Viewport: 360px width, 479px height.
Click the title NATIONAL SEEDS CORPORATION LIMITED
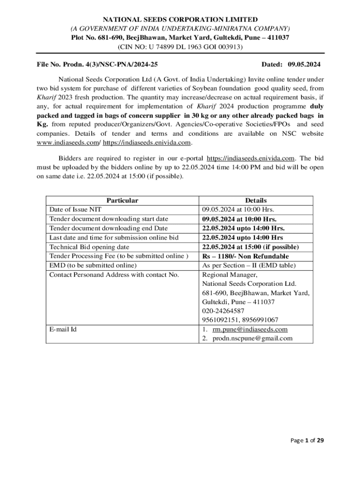[x=180, y=20]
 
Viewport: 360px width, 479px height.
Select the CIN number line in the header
[x=180, y=47]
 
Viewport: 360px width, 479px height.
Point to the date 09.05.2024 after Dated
[x=304, y=64]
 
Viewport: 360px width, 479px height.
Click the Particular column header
[x=122, y=200]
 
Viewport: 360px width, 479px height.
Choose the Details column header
[x=256, y=200]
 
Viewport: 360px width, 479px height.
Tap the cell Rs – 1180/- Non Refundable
[x=245, y=256]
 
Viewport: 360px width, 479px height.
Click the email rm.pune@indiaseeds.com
[x=250, y=329]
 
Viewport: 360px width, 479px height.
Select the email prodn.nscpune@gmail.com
[x=252, y=338]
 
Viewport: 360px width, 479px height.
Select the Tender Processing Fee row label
[x=119, y=256]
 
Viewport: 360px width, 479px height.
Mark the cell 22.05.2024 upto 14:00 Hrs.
[x=243, y=228]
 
